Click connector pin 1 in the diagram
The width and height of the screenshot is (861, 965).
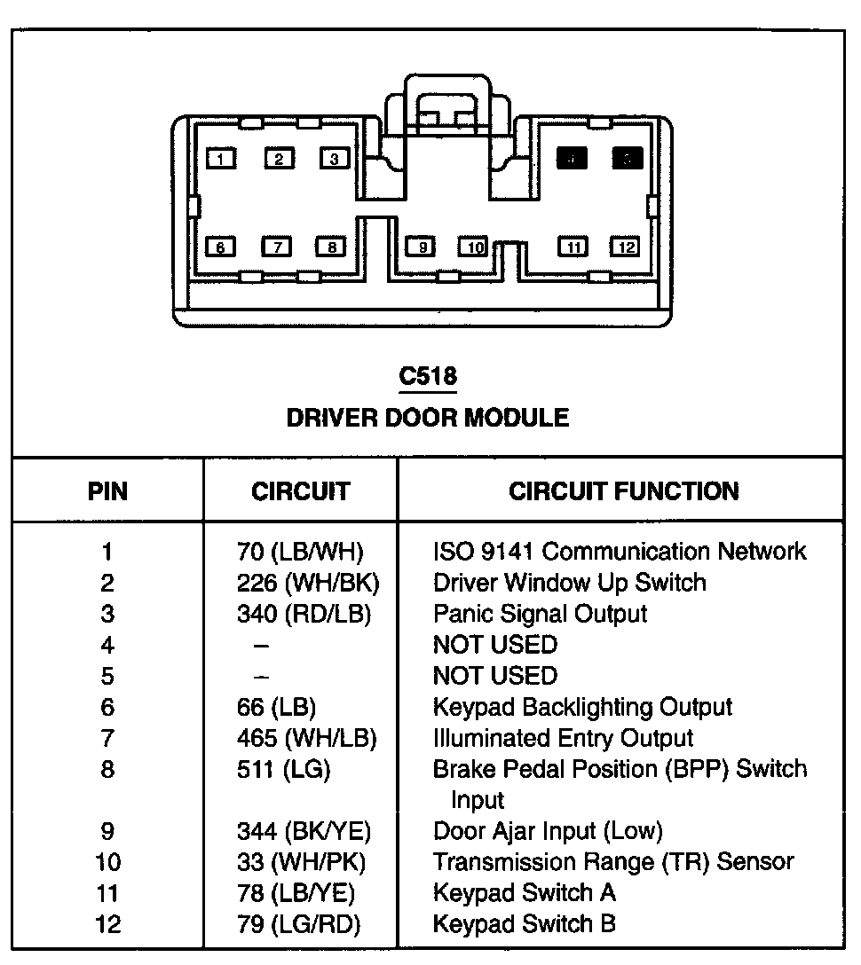point(221,159)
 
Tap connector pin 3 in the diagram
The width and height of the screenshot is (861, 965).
point(334,159)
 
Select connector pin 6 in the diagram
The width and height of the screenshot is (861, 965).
point(220,247)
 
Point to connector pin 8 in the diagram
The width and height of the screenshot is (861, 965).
point(331,247)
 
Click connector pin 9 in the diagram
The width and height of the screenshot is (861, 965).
point(421,247)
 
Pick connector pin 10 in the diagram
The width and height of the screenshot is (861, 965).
point(474,247)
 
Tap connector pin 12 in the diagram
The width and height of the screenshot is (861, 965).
point(627,247)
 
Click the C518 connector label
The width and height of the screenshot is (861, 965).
point(428,377)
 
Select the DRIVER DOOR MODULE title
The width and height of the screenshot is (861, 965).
point(428,417)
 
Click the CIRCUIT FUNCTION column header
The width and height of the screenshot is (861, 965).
point(623,490)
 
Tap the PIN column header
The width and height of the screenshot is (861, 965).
point(107,490)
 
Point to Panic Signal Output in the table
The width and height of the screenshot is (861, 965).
point(540,614)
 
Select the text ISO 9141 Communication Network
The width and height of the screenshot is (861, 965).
point(620,552)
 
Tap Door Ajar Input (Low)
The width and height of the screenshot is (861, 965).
point(548,831)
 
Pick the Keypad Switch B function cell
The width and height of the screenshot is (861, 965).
point(524,924)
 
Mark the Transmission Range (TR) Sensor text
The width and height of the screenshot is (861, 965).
point(613,862)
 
